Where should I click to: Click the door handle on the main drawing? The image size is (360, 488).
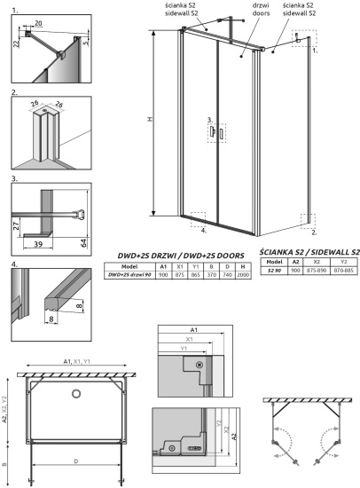coord(214,132)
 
